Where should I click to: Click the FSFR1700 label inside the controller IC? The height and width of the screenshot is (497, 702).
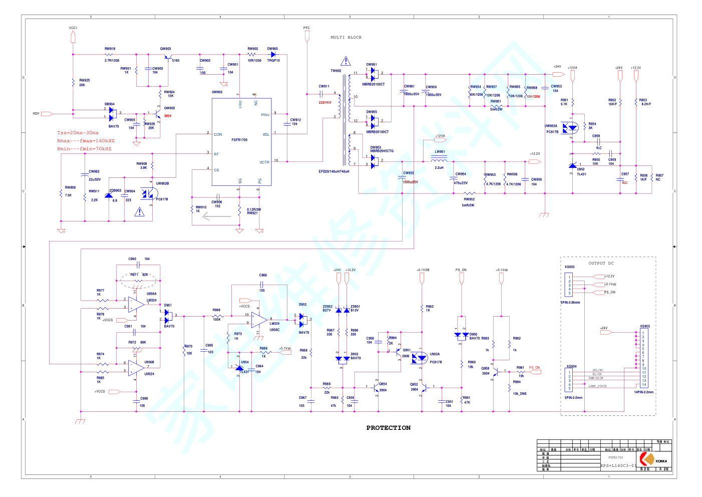(239, 140)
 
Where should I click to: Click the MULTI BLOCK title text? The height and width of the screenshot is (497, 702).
(346, 38)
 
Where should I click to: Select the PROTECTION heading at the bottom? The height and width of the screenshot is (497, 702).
(388, 428)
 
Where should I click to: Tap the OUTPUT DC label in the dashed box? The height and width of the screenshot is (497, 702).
(601, 263)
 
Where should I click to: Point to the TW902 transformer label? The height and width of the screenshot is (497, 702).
(335, 71)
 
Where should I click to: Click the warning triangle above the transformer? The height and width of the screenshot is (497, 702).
(345, 62)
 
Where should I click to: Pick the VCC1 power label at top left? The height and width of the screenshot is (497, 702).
(73, 28)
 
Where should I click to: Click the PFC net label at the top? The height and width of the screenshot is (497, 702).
(306, 28)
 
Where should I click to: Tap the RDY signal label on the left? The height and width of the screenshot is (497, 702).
(36, 114)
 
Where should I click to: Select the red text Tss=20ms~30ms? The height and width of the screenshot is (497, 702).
(78, 133)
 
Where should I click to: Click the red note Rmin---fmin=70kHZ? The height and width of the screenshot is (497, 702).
(84, 149)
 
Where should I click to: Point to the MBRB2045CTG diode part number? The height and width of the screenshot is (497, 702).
(382, 151)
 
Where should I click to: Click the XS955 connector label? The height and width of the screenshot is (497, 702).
(644, 326)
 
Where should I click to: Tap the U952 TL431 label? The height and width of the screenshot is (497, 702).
(581, 171)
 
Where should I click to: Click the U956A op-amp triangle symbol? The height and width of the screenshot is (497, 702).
(136, 304)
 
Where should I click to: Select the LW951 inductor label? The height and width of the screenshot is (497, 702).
(440, 152)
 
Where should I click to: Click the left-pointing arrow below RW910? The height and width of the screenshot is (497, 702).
(217, 217)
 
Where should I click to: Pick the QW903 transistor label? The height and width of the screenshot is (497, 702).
(165, 49)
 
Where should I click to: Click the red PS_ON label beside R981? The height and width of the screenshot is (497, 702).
(534, 368)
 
